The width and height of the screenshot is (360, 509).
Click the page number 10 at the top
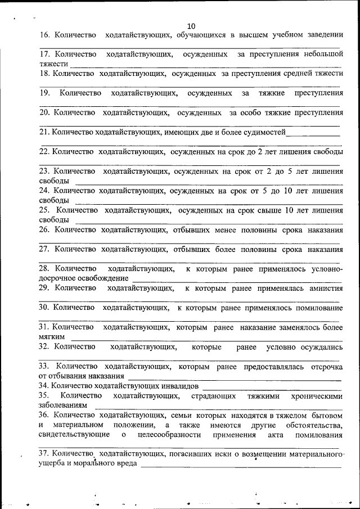pos(191,26)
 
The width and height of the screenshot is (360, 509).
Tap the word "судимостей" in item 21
pos(260,132)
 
